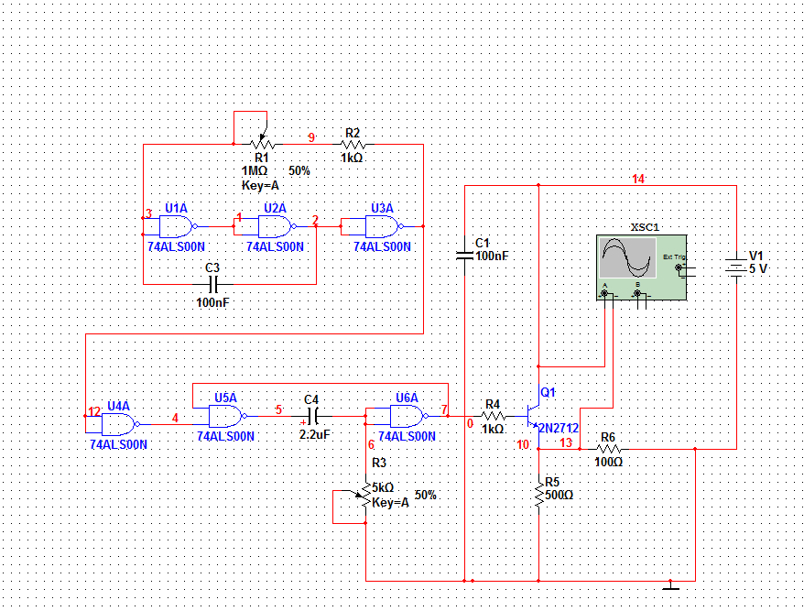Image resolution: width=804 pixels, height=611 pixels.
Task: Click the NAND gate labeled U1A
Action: tap(177, 226)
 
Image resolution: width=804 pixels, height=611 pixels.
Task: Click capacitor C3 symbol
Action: tap(213, 284)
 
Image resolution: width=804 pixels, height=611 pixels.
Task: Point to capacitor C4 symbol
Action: tap(314, 416)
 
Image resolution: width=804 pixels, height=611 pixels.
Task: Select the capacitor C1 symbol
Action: tap(464, 255)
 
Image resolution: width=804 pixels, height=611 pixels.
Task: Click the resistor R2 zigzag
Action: tap(353, 145)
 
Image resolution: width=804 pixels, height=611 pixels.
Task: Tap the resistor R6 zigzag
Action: tap(609, 449)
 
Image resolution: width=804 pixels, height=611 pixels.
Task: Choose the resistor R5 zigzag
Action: tap(539, 495)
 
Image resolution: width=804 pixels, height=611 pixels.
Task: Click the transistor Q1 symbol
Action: tap(533, 416)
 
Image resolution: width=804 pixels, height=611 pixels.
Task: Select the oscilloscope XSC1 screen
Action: tap(627, 257)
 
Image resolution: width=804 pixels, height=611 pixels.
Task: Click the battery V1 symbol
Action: tap(736, 267)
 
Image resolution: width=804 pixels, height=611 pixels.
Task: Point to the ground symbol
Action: tap(670, 586)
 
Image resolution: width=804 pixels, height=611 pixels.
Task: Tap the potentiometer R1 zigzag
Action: tap(262, 145)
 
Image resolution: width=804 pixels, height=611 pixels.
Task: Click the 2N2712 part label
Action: tap(559, 428)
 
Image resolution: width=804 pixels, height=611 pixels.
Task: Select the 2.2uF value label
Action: tap(315, 435)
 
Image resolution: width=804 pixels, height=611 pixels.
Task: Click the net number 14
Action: tap(638, 179)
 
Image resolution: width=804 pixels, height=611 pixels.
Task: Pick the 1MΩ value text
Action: tap(255, 170)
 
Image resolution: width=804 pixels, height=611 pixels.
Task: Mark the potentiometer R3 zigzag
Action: tap(365, 495)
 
